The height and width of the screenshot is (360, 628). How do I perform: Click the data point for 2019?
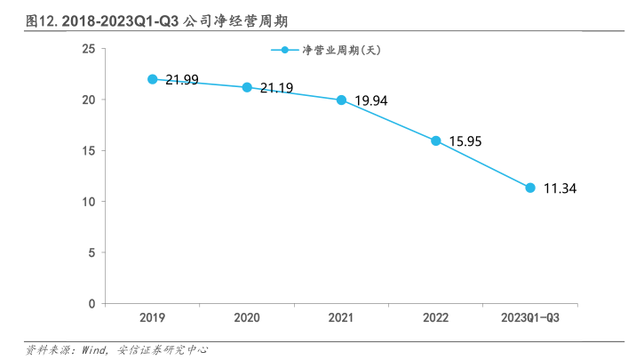click(153, 79)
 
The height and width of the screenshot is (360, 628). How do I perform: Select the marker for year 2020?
click(247, 87)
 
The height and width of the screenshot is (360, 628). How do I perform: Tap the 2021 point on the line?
click(341, 100)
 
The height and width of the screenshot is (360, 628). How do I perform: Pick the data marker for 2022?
click(435, 140)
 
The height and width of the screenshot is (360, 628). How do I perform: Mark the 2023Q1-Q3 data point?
click(530, 188)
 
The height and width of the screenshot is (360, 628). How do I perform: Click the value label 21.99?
click(181, 80)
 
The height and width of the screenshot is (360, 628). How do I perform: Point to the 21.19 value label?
click(276, 88)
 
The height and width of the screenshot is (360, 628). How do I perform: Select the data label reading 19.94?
click(370, 100)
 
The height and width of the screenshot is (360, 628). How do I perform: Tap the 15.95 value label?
click(465, 141)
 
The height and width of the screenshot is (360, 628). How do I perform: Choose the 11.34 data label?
click(560, 188)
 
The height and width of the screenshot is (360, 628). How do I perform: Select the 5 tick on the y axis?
click(91, 252)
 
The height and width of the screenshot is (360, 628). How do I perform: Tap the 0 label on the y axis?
click(91, 304)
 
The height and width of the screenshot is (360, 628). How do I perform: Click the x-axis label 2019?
click(153, 317)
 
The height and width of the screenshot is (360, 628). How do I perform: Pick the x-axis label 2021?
click(341, 317)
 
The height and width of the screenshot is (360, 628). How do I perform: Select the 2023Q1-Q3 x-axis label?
click(530, 317)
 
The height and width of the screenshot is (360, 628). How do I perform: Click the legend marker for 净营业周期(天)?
click(284, 50)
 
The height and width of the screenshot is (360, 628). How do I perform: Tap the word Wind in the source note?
click(95, 350)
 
